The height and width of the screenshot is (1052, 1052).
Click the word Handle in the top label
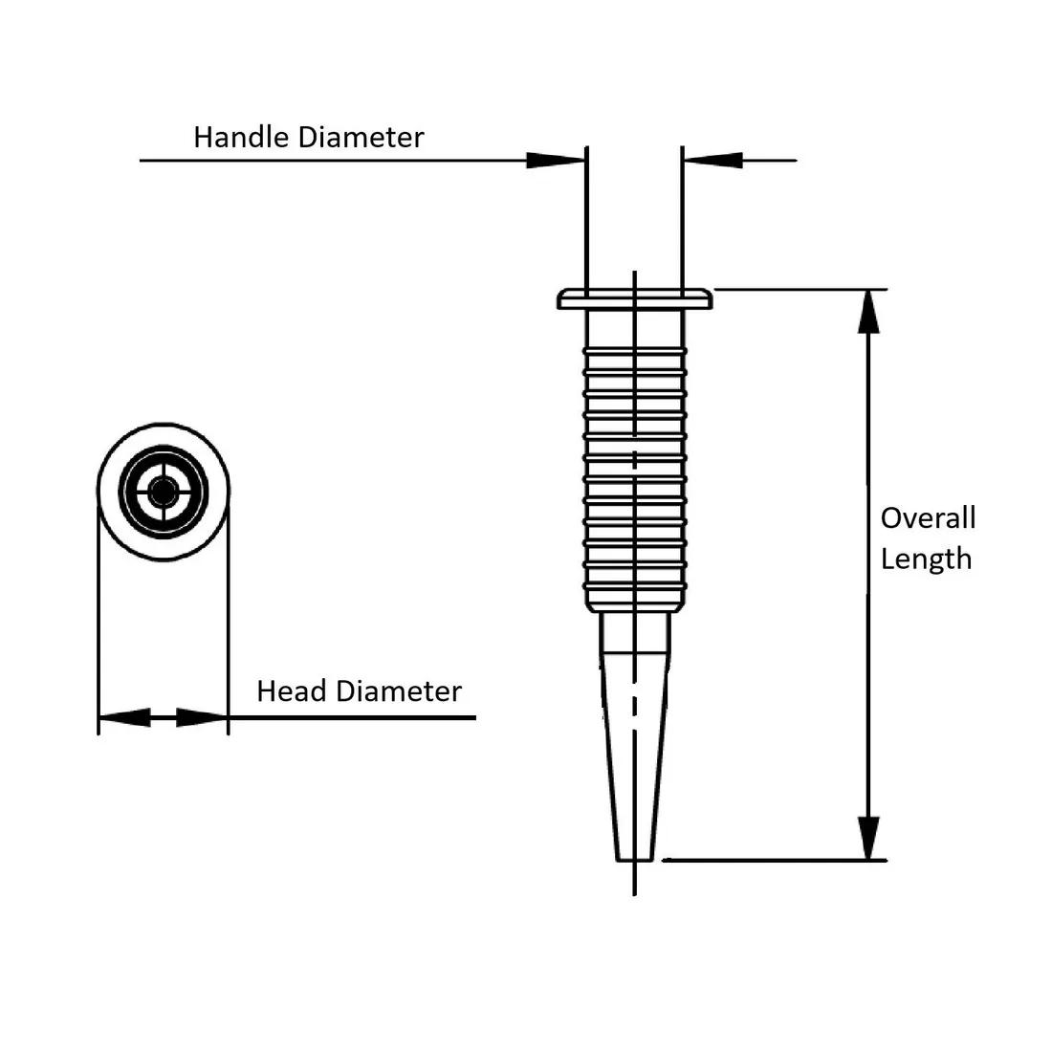(242, 137)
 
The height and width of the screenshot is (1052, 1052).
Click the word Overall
(928, 518)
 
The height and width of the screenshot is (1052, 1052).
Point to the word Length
(926, 559)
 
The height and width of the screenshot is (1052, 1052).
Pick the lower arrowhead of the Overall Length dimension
(868, 839)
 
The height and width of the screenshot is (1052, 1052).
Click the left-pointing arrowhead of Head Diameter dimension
(123, 716)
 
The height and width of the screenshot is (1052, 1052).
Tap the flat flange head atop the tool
(635, 299)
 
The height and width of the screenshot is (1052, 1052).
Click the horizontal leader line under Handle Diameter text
(335, 161)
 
